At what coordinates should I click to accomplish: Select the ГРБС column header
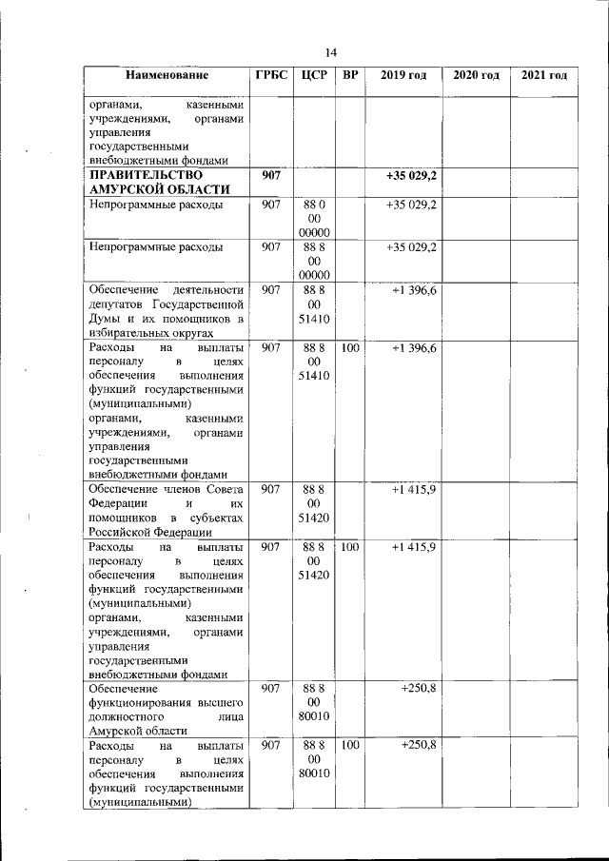click(270, 75)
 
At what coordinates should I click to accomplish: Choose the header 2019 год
click(403, 75)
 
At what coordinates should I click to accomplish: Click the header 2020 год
click(476, 75)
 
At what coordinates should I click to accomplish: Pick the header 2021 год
click(544, 75)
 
